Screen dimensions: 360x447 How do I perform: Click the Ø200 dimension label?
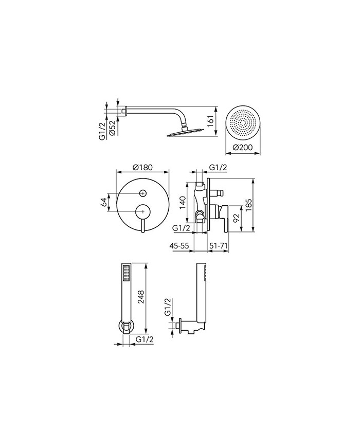point(243,148)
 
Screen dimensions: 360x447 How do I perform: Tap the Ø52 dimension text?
point(112,128)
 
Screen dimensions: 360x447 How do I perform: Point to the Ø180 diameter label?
point(142,167)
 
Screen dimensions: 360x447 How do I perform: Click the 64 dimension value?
point(104,202)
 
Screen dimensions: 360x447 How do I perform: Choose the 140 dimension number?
point(182,202)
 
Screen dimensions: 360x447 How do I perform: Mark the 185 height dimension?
point(248,205)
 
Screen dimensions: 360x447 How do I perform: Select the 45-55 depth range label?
point(179,245)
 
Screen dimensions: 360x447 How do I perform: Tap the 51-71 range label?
point(218,245)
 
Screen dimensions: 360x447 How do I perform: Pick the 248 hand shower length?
point(141,298)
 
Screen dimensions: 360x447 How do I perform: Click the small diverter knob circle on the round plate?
point(142,193)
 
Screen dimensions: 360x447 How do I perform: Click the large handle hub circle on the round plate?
point(142,211)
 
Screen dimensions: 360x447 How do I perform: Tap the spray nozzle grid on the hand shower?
point(125,273)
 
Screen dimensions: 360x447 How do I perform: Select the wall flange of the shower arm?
point(125,111)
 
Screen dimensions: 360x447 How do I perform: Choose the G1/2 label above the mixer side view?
point(218,168)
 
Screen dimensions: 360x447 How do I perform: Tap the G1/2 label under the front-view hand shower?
point(145,339)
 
